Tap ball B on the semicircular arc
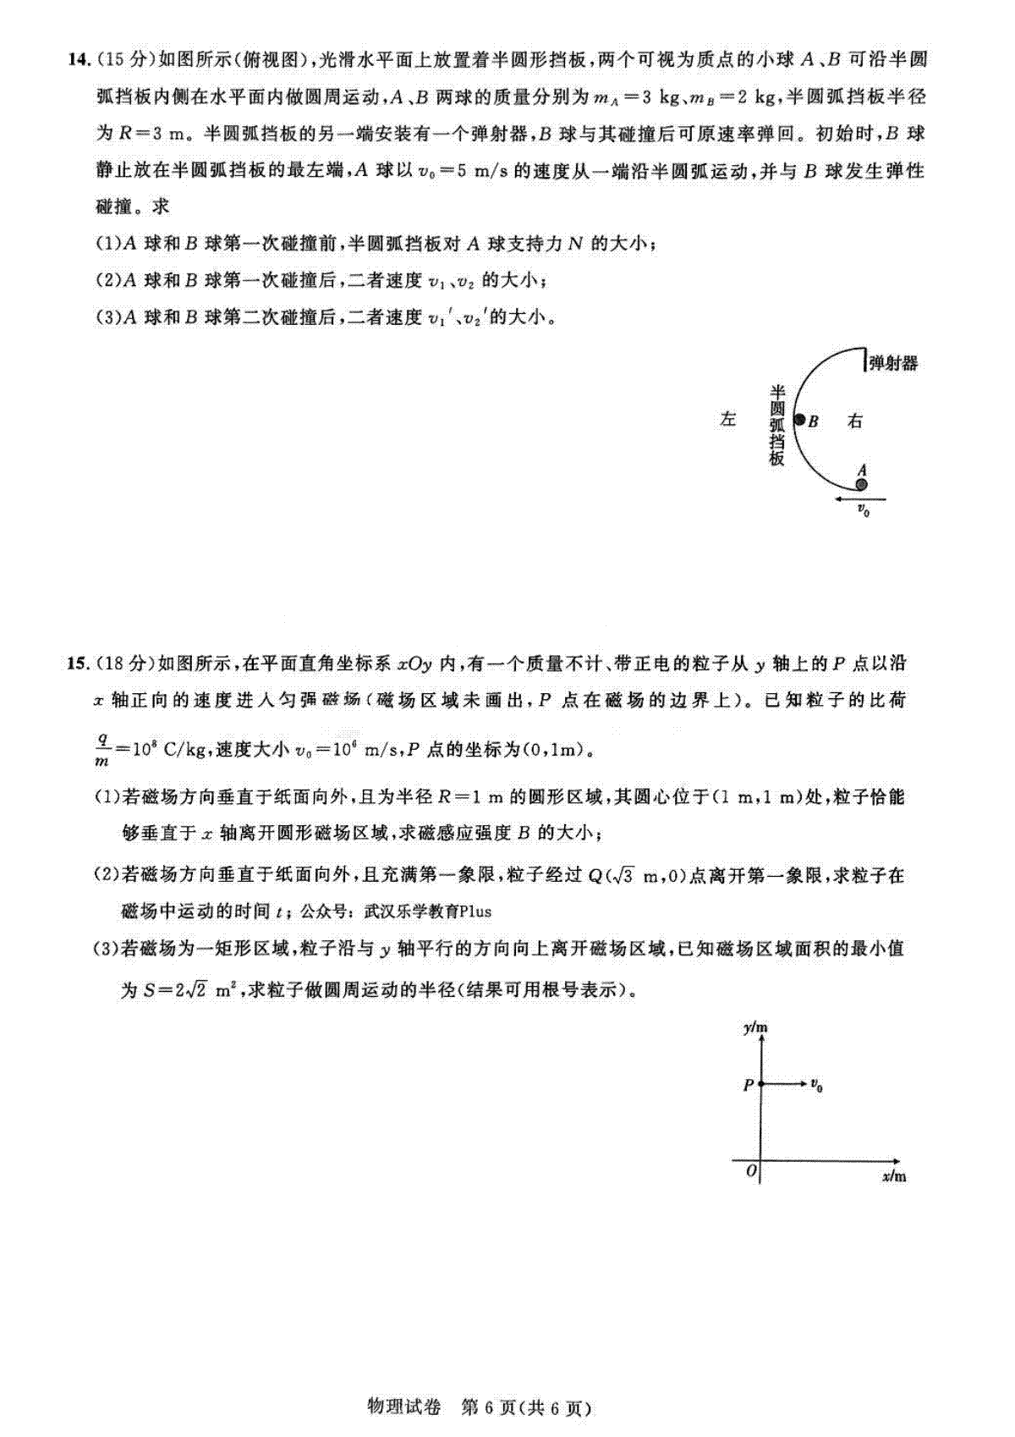click(798, 420)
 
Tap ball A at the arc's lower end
click(861, 485)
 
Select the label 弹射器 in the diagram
click(893, 364)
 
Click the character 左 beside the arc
click(728, 419)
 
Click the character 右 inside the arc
click(855, 421)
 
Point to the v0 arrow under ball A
click(859, 499)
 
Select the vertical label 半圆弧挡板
click(776, 425)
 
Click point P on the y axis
click(761, 1083)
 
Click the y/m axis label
click(755, 1029)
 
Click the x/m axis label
click(893, 1177)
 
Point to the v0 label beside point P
click(816, 1084)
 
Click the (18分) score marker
click(125, 663)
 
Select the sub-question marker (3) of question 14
click(107, 317)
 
